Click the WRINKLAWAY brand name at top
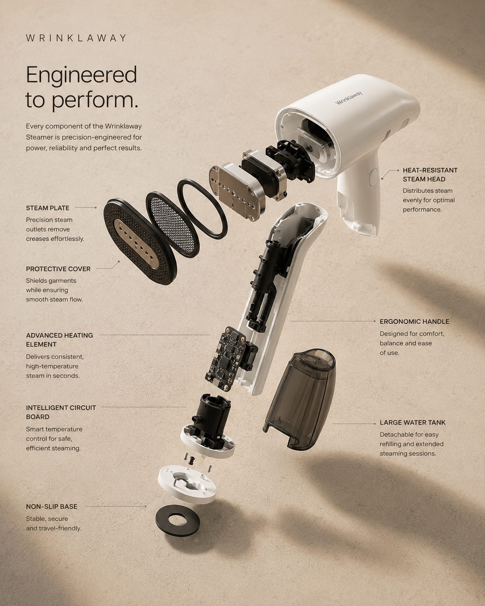(x=76, y=38)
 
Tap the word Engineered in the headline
(x=81, y=75)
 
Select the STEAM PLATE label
(x=48, y=208)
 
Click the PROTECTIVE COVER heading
(x=58, y=269)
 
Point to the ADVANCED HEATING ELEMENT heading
(x=59, y=340)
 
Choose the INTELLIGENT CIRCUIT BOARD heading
(x=61, y=412)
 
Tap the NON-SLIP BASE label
(x=51, y=507)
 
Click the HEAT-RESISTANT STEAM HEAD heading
(x=430, y=175)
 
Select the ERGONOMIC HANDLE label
(x=414, y=322)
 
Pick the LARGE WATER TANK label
(x=413, y=422)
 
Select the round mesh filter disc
(x=172, y=225)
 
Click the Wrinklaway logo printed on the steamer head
(x=349, y=98)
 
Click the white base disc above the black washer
(x=187, y=485)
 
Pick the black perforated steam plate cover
(x=140, y=242)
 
